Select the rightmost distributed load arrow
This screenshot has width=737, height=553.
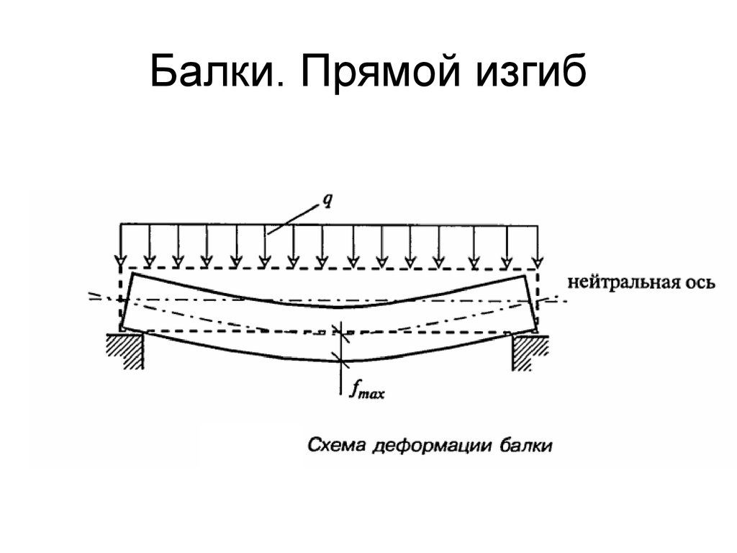[535, 245]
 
